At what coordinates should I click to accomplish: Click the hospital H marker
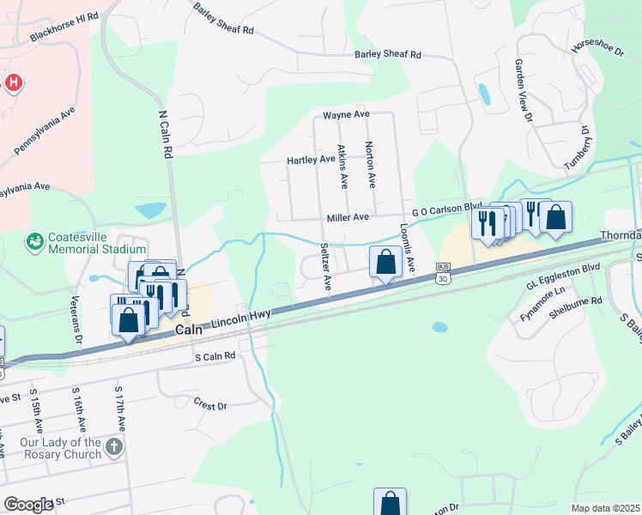(x=13, y=83)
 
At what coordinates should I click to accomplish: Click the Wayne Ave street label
(x=346, y=114)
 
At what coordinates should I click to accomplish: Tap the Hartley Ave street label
(x=311, y=160)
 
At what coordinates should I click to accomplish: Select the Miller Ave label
(x=347, y=217)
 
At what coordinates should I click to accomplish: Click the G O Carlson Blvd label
(x=446, y=209)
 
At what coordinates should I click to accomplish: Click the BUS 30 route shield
(x=443, y=273)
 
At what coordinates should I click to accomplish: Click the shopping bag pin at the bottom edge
(x=390, y=502)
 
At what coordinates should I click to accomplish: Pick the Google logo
(x=28, y=504)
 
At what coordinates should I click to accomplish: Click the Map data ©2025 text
(x=605, y=508)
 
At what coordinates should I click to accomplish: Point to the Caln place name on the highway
(x=190, y=330)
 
